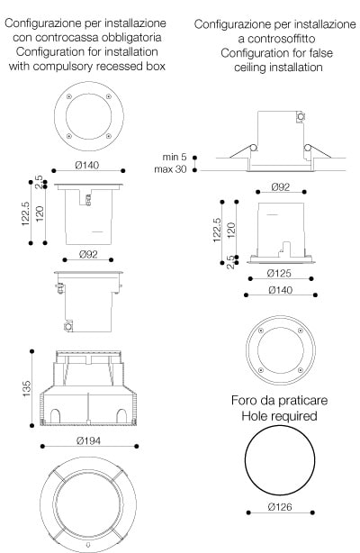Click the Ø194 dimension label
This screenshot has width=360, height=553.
[88, 440]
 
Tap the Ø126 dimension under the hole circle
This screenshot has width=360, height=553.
[280, 507]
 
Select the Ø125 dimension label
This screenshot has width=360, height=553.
[279, 273]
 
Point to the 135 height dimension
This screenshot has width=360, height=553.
[27, 389]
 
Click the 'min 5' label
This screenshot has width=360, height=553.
[175, 157]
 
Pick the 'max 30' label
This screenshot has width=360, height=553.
[170, 169]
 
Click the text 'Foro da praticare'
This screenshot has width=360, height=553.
[279, 400]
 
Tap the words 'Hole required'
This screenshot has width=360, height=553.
[279, 416]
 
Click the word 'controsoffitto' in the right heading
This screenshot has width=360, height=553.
[276, 39]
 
